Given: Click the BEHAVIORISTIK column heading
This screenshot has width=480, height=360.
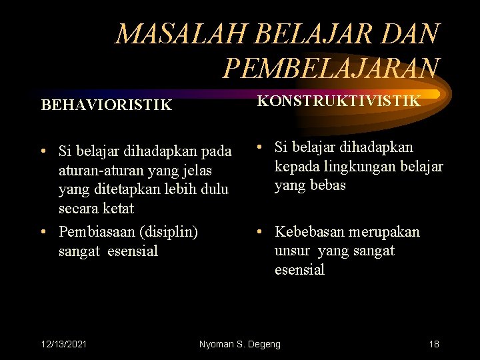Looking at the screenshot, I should pos(106,105).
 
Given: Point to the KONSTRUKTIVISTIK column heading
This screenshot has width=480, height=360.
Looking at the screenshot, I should pos(339,101).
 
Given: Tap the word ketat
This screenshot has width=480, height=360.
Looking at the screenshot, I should pos(116,208).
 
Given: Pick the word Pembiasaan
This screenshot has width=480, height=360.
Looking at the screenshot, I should pos(95,232).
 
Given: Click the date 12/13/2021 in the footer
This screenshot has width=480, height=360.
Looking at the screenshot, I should pos(63,344).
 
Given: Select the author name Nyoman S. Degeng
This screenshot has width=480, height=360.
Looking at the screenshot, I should pos(240,344).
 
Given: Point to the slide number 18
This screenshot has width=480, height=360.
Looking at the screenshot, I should pos(434,344).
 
